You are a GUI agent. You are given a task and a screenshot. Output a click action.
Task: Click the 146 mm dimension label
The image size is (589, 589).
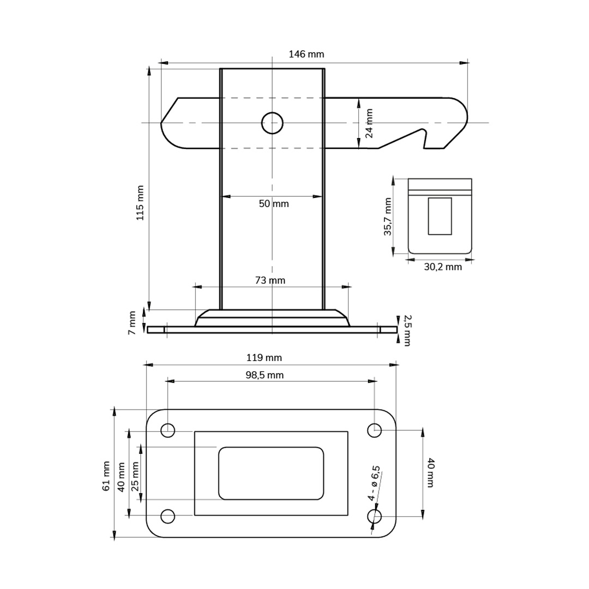pyautogui.click(x=306, y=54)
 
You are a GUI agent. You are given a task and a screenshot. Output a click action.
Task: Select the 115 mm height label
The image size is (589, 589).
pyautogui.click(x=140, y=203)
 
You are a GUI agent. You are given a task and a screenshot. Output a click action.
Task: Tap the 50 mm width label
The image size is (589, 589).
pyautogui.click(x=274, y=203)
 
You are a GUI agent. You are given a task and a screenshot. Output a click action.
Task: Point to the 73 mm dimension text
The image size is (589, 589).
pyautogui.click(x=270, y=280)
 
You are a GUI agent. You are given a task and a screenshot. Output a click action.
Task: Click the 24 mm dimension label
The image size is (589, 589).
pyautogui.click(x=369, y=123)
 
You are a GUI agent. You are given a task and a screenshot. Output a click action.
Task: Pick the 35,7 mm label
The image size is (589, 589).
pyautogui.click(x=388, y=217)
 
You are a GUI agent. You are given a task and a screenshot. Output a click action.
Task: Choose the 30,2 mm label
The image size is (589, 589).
pyautogui.click(x=443, y=267)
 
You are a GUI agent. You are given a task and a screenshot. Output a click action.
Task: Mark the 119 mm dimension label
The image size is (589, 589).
pyautogui.click(x=264, y=358)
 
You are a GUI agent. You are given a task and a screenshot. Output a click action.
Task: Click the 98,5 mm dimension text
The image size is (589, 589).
pyautogui.click(x=265, y=375)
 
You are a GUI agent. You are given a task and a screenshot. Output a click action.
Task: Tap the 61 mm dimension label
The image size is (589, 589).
pyautogui.click(x=106, y=476)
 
